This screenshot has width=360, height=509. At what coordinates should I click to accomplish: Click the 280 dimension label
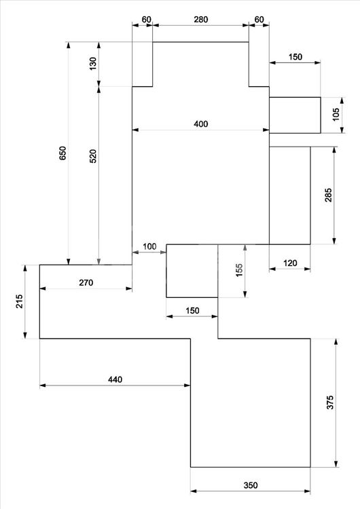click(x=201, y=20)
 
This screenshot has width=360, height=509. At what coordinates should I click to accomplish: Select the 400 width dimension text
click(x=201, y=124)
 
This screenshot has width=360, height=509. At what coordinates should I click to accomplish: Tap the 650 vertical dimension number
click(x=62, y=153)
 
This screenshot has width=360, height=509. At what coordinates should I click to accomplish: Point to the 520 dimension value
click(x=93, y=156)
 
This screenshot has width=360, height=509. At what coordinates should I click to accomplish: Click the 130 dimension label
click(x=93, y=64)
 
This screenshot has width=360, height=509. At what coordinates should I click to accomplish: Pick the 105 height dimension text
click(x=336, y=115)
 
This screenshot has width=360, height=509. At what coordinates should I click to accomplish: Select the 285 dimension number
click(x=329, y=195)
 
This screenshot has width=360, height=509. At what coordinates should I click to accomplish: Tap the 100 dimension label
click(x=149, y=246)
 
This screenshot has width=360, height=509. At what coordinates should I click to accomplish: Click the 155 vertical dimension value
click(x=239, y=270)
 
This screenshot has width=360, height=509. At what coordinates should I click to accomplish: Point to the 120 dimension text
click(x=290, y=263)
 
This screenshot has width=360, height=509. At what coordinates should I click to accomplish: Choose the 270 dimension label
click(x=86, y=283)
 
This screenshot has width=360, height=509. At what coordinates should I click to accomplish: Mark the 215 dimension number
click(x=20, y=301)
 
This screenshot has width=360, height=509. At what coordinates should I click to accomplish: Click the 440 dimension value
click(x=115, y=379)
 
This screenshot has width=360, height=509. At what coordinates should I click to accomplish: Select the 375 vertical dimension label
click(x=330, y=402)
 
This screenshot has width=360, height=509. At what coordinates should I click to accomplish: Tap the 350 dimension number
click(x=251, y=485)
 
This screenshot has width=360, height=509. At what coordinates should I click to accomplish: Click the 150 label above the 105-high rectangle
click(x=295, y=57)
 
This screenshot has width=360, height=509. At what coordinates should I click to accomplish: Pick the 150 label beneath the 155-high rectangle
click(x=192, y=311)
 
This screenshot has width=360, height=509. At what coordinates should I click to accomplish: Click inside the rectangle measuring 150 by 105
click(x=295, y=115)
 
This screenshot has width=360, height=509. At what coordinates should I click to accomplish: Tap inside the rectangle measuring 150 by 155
click(x=192, y=271)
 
